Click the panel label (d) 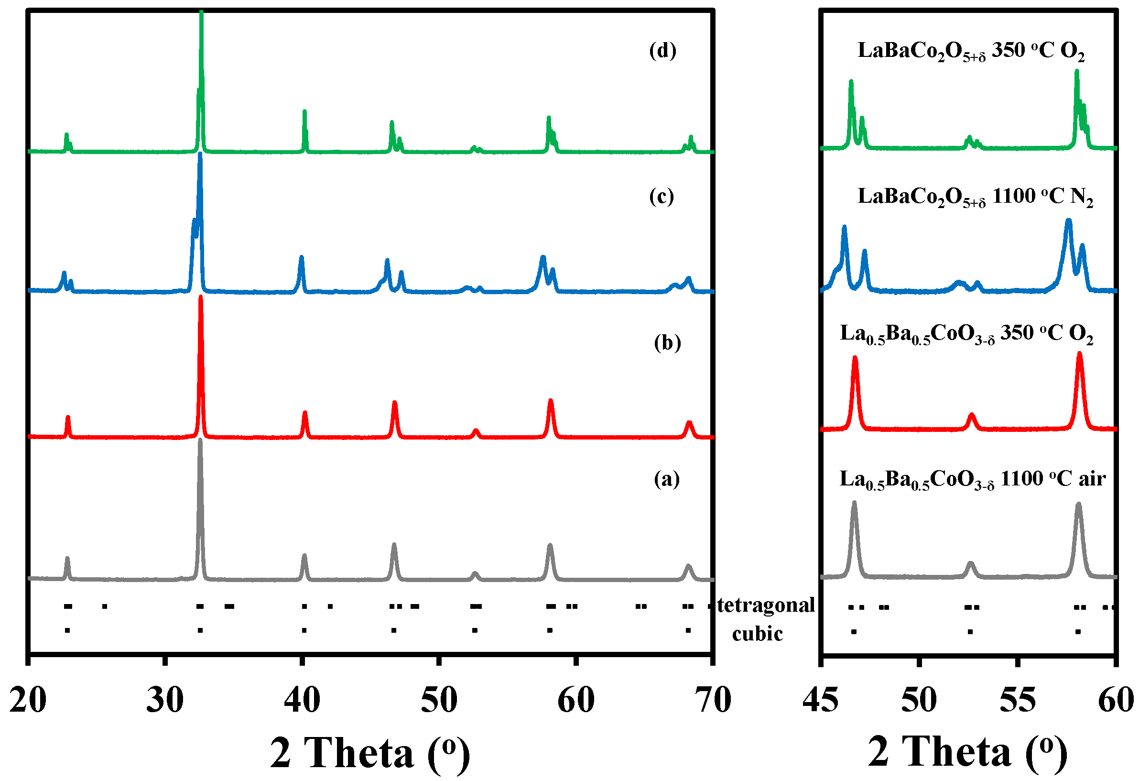[x=662, y=51]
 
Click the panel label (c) [x=662, y=197]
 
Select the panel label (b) [x=668, y=343]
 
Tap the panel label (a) [x=667, y=479]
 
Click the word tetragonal [x=766, y=606]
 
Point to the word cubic [x=757, y=634]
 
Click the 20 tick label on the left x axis [x=28, y=701]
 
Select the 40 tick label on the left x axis [x=302, y=701]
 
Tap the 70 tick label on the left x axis [x=713, y=701]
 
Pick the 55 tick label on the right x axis [x=1018, y=701]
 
